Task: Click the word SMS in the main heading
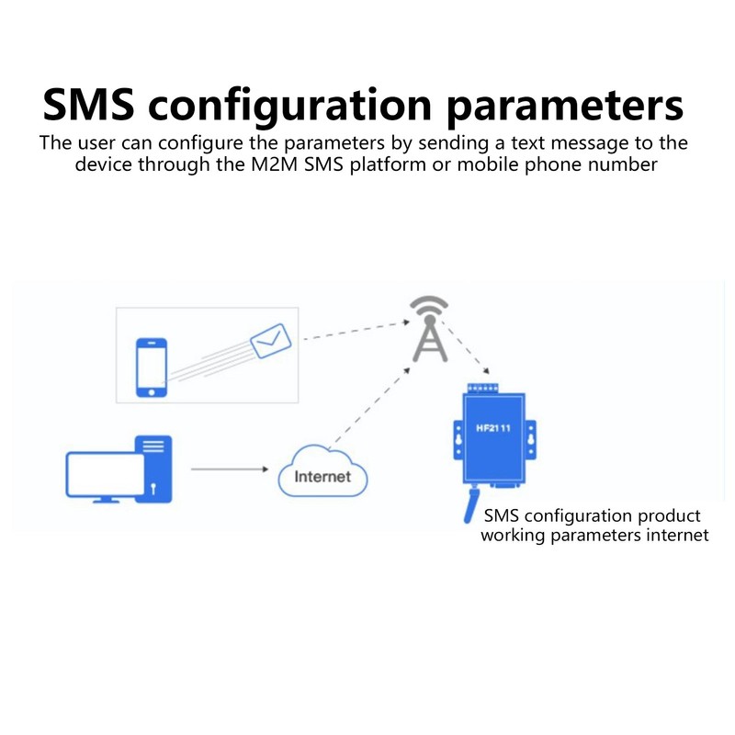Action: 88,105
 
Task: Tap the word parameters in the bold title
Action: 565,107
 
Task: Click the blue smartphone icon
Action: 152,367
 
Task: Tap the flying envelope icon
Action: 270,341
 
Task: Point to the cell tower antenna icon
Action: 429,329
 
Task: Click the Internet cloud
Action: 322,471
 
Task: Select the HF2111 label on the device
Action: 493,428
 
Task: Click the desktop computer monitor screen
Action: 106,474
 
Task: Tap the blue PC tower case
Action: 153,469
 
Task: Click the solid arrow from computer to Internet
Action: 230,469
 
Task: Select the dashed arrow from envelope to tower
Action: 356,330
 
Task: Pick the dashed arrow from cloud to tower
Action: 370,408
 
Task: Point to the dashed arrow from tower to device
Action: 464,346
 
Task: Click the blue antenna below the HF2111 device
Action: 470,504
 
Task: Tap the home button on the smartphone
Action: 152,392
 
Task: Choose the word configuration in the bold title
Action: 289,107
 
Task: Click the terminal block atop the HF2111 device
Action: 483,389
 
